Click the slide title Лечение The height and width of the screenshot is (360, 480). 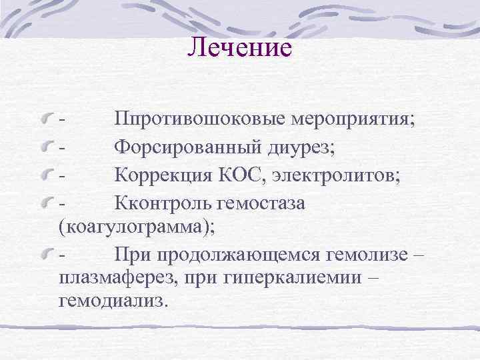[240, 47]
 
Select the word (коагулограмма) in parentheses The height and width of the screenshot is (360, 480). [137, 226]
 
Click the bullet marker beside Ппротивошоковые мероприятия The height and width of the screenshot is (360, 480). [47, 121]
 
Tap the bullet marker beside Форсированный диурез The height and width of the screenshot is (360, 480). [47, 149]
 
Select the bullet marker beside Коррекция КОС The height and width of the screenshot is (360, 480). [47, 176]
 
